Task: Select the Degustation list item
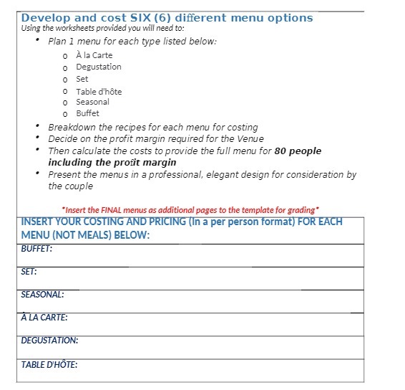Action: coord(98,67)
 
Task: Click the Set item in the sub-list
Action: coord(82,79)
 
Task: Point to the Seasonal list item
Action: coord(92,102)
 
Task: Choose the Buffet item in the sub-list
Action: coord(87,113)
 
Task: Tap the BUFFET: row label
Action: coord(36,249)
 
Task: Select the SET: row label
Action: coord(29,272)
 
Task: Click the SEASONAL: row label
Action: coord(42,295)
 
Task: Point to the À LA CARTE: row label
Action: coord(44,318)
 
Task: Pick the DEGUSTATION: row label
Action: coord(49,341)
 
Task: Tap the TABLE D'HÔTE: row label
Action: coord(49,365)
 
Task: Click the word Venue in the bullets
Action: coord(249,138)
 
